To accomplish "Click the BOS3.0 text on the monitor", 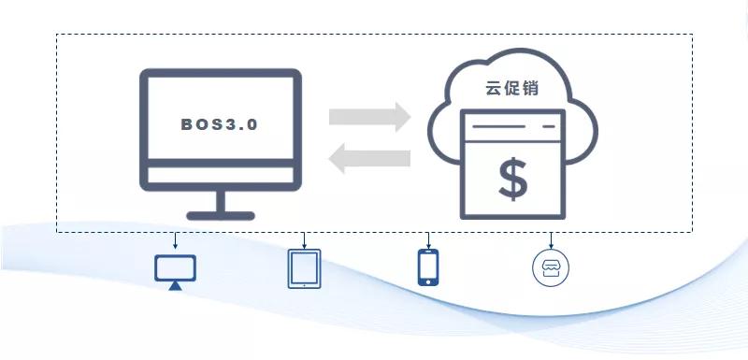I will pyautogui.click(x=220, y=123).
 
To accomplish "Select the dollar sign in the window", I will pyautogui.click(x=512, y=180).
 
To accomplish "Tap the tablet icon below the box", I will pyautogui.click(x=304, y=268).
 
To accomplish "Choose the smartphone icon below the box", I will pyautogui.click(x=428, y=267).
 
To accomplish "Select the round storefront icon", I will pyautogui.click(x=551, y=267).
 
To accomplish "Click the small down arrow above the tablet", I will pyautogui.click(x=304, y=238).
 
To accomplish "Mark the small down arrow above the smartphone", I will pyautogui.click(x=428, y=238).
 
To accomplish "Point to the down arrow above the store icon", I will pyautogui.click(x=551, y=238).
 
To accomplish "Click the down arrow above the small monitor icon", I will pyautogui.click(x=175, y=238).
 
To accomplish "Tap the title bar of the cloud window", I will pyautogui.click(x=513, y=123).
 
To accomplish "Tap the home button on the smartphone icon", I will pyautogui.click(x=428, y=281).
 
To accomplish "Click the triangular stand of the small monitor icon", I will pyautogui.click(x=175, y=285).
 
